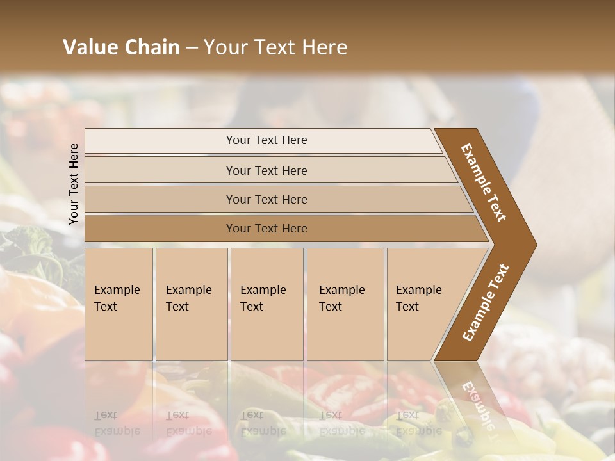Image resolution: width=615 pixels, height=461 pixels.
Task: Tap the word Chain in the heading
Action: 152,47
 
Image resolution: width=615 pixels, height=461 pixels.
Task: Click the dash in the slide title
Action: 192,48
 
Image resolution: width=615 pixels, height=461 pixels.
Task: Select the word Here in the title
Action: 324,47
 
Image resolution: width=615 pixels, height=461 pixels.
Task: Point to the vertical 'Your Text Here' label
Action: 74,184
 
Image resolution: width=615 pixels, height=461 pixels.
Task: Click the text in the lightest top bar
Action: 266,140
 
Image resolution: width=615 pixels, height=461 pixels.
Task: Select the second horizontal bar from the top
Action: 266,170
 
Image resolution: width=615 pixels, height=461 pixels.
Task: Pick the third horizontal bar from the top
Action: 266,199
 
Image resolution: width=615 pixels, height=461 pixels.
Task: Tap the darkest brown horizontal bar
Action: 266,229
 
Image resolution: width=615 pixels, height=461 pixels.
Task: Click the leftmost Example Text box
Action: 119,303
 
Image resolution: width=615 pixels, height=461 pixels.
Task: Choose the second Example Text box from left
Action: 191,303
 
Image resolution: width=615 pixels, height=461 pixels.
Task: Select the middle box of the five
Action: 266,303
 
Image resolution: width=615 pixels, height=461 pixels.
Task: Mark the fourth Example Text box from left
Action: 345,303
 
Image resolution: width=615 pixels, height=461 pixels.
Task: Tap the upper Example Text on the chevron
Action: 484,182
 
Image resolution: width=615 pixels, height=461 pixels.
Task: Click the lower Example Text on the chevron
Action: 486,302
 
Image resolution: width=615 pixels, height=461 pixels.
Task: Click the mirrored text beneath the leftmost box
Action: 117,423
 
